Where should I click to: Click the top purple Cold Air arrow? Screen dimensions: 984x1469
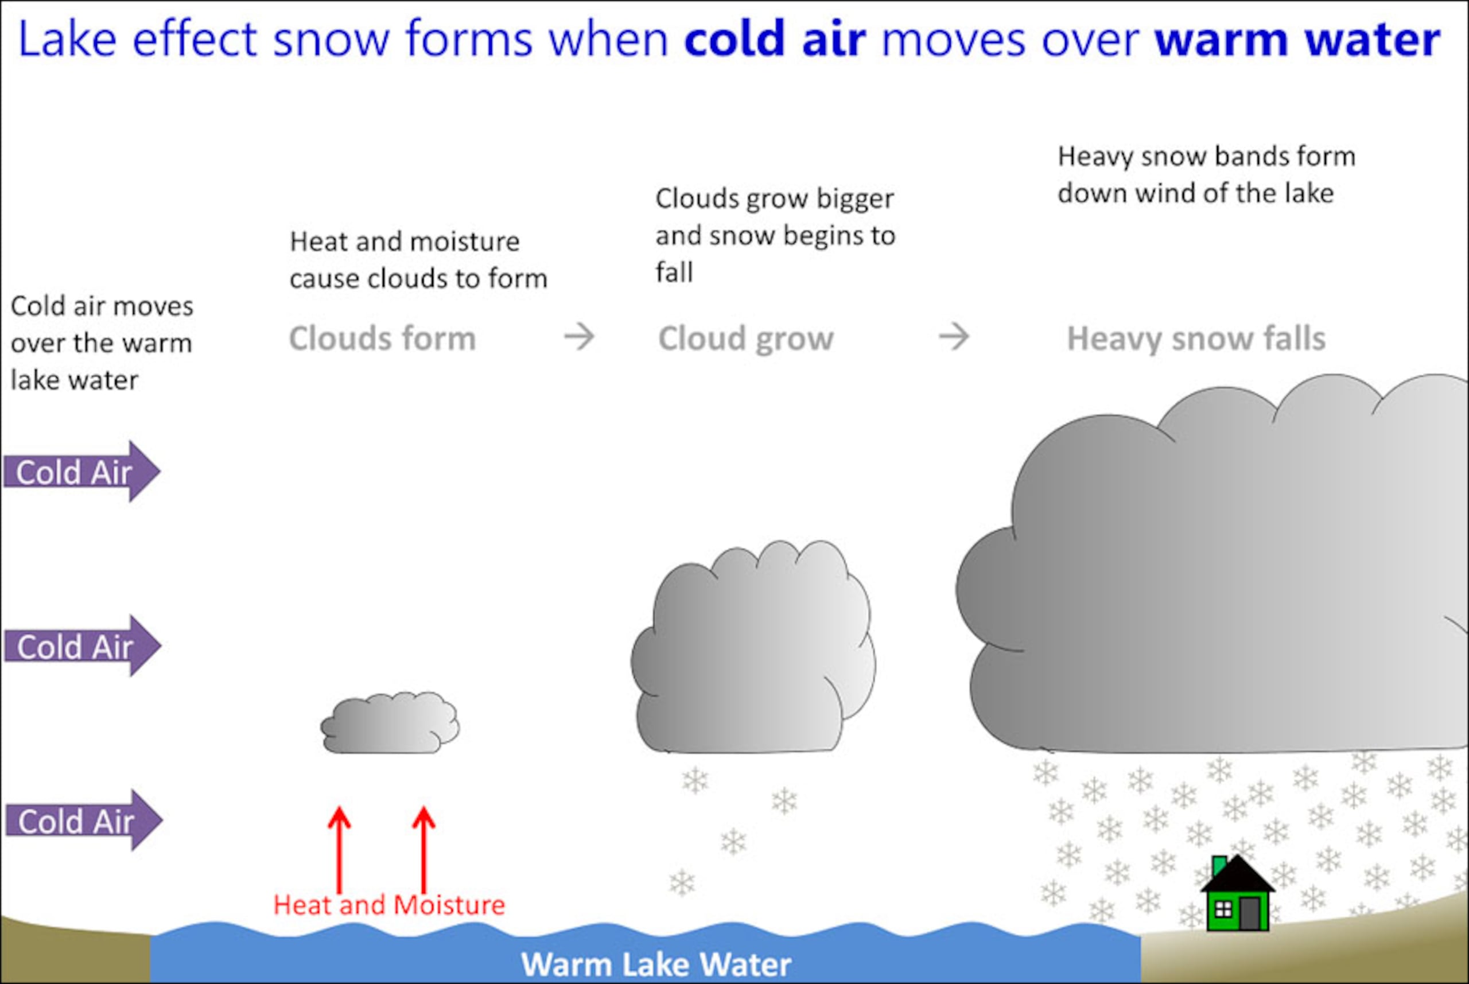click(x=81, y=472)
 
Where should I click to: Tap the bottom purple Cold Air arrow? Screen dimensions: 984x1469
click(x=83, y=821)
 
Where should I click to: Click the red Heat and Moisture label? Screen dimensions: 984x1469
click(x=389, y=905)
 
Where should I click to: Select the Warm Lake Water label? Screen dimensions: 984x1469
click(x=656, y=964)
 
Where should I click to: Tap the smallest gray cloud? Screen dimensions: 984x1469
click(x=390, y=723)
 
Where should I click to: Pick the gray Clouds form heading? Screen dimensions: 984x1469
click(x=382, y=339)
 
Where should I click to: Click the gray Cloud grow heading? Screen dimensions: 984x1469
click(x=745, y=339)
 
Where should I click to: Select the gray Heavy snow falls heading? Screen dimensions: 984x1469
click(x=1196, y=339)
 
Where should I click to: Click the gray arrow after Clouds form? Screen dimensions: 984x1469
click(x=578, y=337)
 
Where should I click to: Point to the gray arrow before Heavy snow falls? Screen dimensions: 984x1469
click(x=954, y=337)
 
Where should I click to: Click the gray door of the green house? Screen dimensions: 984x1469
click(x=1249, y=913)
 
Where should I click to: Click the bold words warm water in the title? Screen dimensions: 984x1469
click(x=1297, y=39)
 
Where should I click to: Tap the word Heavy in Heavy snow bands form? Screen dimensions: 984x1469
click(x=1095, y=157)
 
